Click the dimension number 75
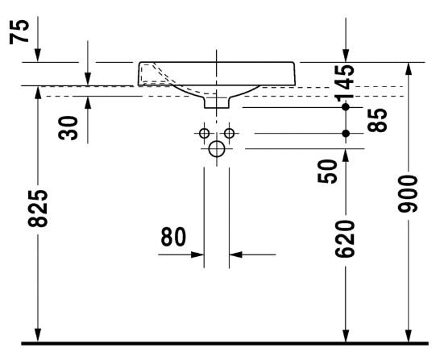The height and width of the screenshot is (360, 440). [x=19, y=31]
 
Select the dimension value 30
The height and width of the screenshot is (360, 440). [x=68, y=128]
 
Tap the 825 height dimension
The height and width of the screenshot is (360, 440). [x=38, y=208]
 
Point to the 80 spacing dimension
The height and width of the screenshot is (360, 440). [x=173, y=237]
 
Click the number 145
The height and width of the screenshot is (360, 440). [x=345, y=83]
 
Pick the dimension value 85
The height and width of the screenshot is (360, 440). [x=377, y=120]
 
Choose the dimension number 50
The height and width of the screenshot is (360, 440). [x=327, y=171]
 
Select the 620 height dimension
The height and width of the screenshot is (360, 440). [x=345, y=238]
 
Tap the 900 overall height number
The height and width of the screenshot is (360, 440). [x=408, y=193]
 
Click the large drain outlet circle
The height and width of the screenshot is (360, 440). [x=217, y=149]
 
